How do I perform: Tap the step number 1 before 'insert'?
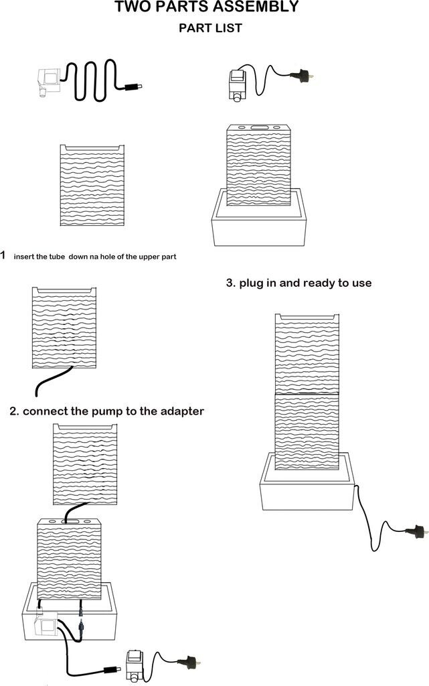coord(3,255)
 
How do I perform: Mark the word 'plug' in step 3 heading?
coord(254,283)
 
